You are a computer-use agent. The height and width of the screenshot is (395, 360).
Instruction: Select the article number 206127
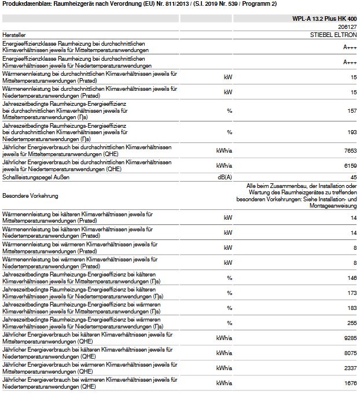coord(346,27)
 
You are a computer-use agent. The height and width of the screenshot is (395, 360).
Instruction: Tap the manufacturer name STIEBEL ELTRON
coord(333,35)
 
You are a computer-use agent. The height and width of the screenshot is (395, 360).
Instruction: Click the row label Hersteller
coord(16,35)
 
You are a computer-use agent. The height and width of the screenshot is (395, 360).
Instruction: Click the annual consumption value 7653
coord(349,150)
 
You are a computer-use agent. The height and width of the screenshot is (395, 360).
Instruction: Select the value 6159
coord(349,165)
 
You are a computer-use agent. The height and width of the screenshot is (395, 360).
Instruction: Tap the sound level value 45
coord(352,176)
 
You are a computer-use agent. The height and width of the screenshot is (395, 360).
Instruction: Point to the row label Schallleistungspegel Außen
coord(38,176)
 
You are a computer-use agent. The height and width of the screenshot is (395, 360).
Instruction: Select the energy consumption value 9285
coord(349,338)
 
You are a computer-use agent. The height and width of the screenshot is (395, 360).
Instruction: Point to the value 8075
coord(349,352)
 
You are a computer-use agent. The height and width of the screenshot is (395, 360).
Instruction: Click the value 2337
coord(349,367)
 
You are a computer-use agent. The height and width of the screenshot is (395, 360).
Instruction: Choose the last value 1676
coord(349,382)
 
